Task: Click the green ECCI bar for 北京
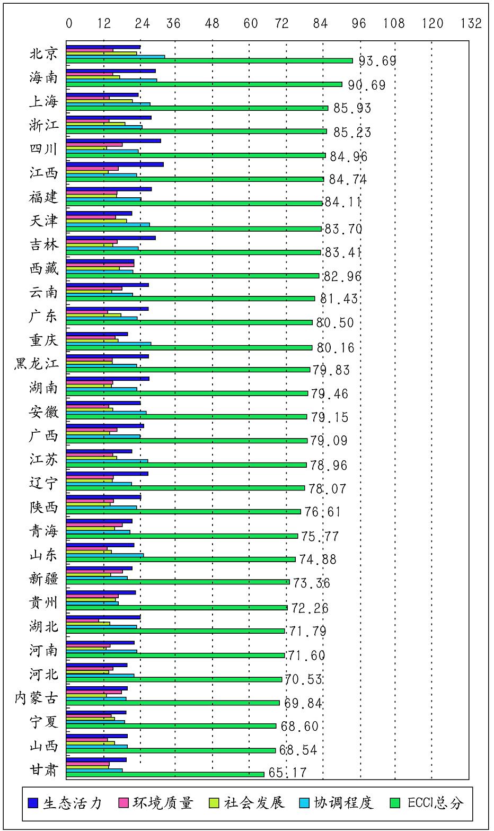[x=209, y=60]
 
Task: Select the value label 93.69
[x=377, y=61]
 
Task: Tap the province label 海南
[x=43, y=77]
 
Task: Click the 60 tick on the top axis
[x=251, y=23]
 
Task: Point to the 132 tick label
[x=471, y=23]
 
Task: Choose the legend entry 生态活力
[x=65, y=802]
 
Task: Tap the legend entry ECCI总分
[x=427, y=802]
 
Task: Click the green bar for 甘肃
[x=165, y=774]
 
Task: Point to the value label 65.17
[x=288, y=773]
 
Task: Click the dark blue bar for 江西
[x=114, y=164]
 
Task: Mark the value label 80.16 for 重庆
[x=336, y=348]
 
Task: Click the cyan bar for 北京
[x=116, y=56]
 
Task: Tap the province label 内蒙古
[x=37, y=698]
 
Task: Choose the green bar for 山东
[x=181, y=559]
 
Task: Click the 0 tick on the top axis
[x=69, y=23]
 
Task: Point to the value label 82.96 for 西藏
[x=342, y=276]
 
